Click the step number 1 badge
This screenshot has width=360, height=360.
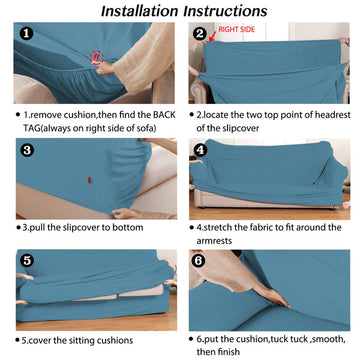point(26,33)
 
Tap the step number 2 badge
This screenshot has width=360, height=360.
point(200,34)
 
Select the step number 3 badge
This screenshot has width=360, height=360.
point(27,150)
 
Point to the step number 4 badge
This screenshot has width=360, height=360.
point(201,151)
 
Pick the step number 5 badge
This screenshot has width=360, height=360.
point(27,261)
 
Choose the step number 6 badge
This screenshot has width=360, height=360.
point(199,261)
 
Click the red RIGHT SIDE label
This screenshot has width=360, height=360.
point(236,29)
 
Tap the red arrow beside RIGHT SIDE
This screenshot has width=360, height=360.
point(211,36)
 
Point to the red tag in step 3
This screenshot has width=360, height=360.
point(89,180)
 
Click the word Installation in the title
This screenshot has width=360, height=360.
point(140,11)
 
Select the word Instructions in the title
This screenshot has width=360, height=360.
point(226,11)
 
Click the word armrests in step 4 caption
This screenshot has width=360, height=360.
point(214,241)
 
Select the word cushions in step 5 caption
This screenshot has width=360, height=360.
point(115,341)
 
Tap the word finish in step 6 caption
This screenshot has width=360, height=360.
point(229,351)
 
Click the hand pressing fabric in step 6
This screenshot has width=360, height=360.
point(276,297)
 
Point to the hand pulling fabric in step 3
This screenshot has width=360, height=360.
point(126,213)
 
